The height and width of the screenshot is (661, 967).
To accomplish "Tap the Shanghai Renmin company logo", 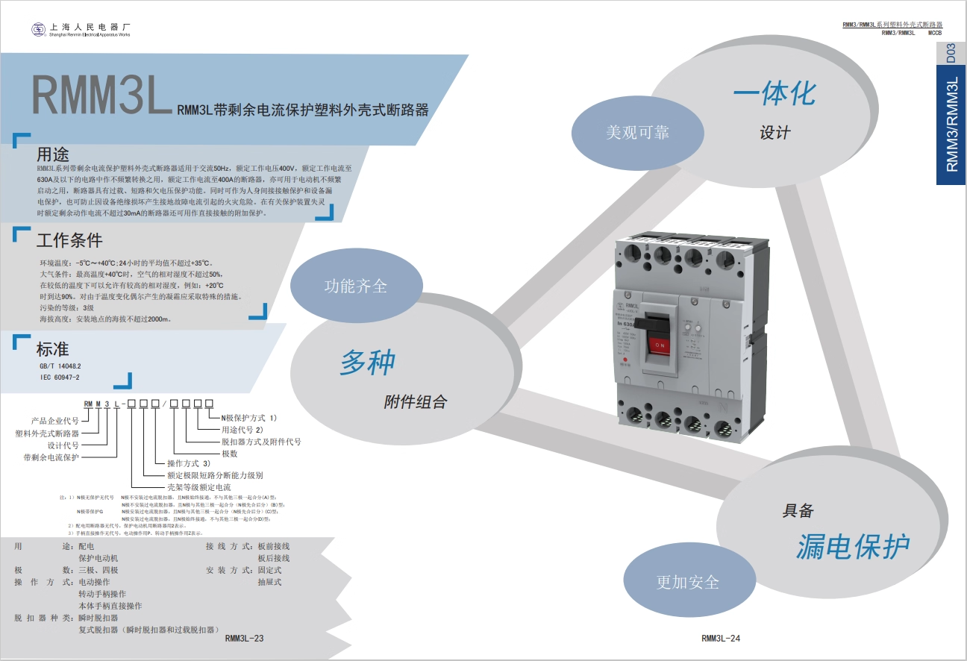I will click(x=38, y=29).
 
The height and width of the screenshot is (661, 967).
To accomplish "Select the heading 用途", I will click(x=53, y=154).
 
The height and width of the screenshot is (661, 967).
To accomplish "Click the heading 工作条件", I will click(x=69, y=240).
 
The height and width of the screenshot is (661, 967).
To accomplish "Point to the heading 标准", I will click(x=52, y=348).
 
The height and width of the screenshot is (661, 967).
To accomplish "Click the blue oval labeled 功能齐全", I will click(x=355, y=286).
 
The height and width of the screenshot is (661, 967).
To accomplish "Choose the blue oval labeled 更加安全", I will click(x=687, y=582).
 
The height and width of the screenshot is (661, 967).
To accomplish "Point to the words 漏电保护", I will click(x=852, y=547).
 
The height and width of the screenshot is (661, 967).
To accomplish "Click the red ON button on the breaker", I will click(x=660, y=345).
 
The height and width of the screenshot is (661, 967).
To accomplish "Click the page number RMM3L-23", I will click(x=244, y=638).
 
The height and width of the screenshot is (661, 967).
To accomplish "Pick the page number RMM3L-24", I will click(x=721, y=638).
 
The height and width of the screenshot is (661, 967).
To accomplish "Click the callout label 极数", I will click(x=230, y=454).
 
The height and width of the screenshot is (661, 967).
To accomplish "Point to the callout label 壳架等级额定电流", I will click(x=199, y=486).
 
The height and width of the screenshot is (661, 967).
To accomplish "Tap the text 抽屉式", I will click(x=270, y=582).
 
